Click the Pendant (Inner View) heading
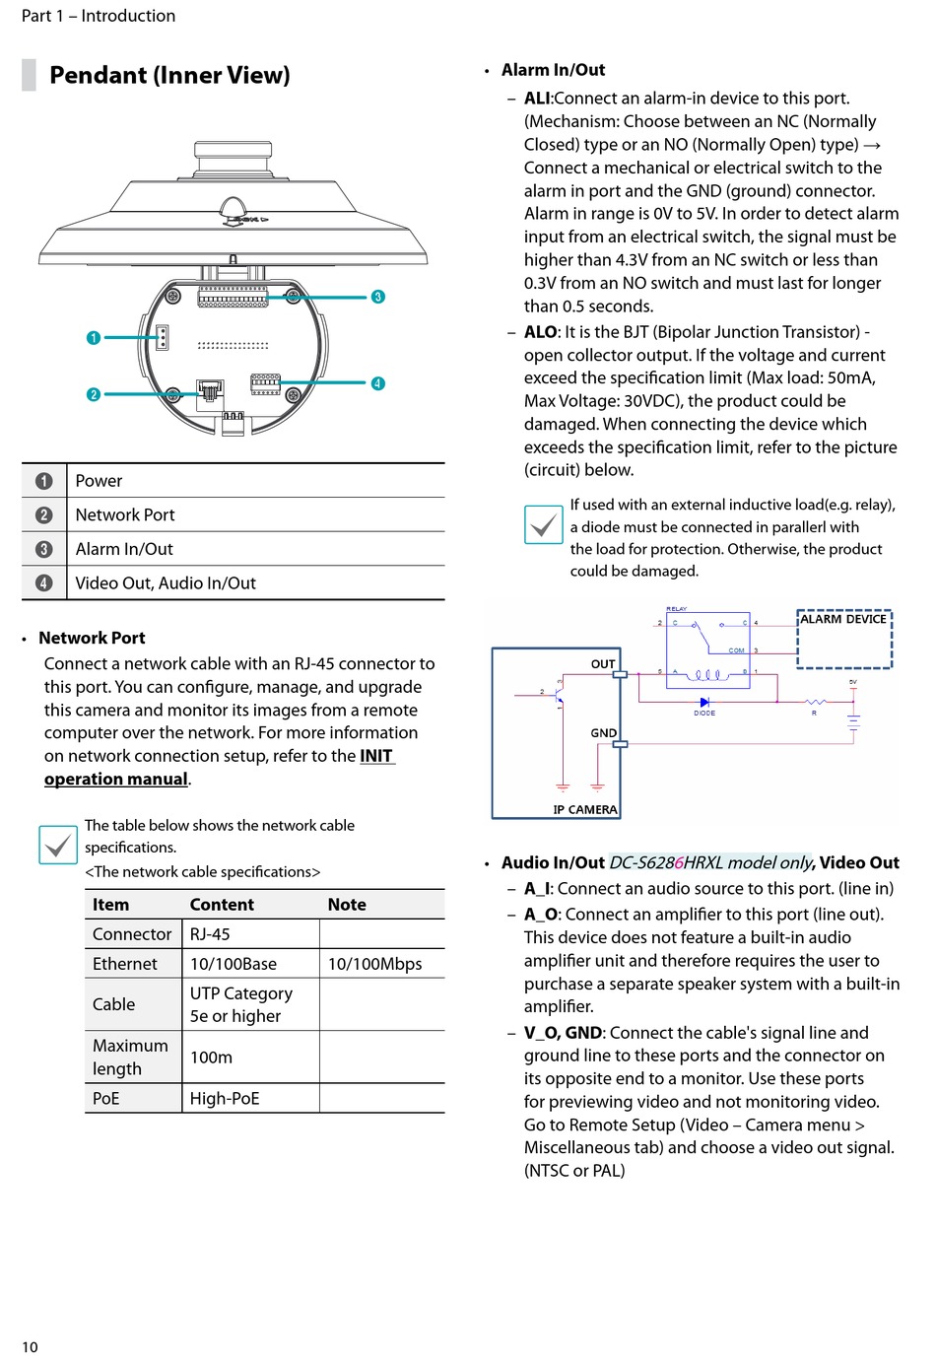point(169,75)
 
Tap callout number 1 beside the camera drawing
point(94,338)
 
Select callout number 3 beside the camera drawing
point(377,297)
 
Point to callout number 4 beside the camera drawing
point(377,383)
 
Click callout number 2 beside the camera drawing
point(94,394)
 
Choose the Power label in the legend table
point(99,481)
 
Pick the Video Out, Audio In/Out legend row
point(166,583)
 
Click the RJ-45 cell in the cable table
point(210,934)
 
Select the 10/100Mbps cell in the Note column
point(374,964)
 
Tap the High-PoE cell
point(225,1098)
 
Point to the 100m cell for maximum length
point(211,1058)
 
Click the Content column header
point(222,905)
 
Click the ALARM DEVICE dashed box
point(844,640)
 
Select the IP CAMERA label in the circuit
point(584,809)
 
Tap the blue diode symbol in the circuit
point(704,702)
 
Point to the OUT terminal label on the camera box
point(603,664)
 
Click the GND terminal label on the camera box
point(603,733)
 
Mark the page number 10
point(30,1347)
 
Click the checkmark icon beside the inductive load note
point(543,525)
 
